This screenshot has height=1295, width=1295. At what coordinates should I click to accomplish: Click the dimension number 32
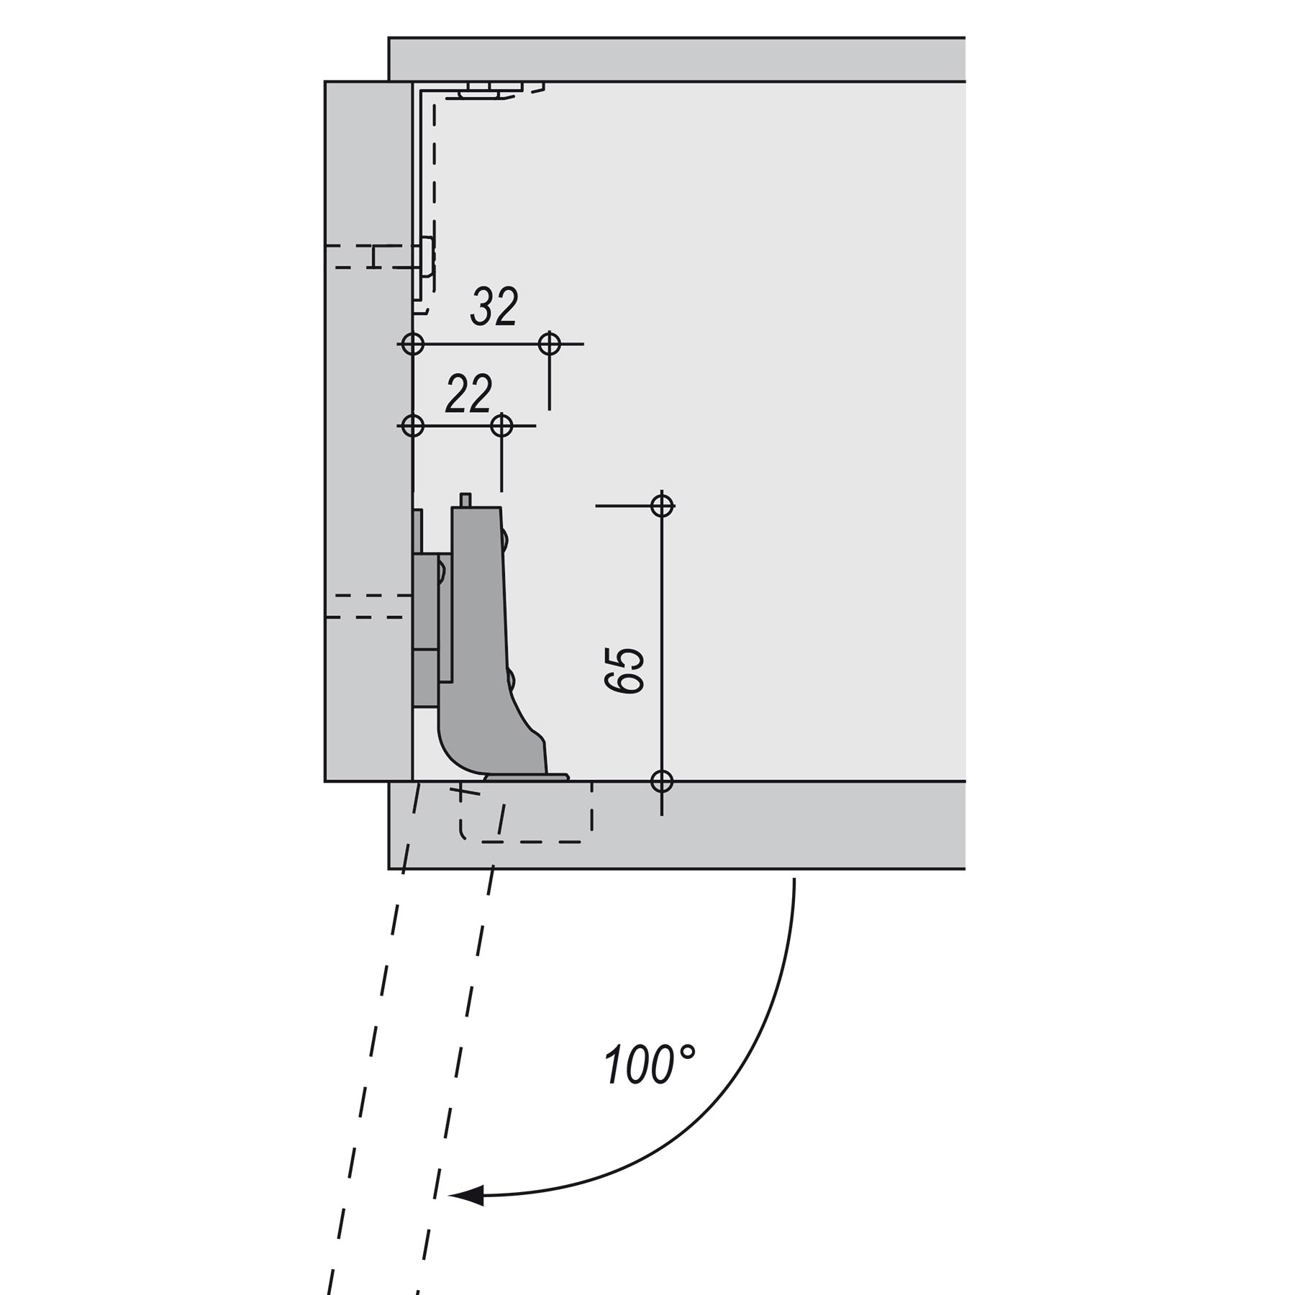point(494,306)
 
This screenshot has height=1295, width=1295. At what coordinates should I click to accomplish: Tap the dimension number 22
point(469,394)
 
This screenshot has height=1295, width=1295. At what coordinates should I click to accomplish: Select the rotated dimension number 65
point(624,671)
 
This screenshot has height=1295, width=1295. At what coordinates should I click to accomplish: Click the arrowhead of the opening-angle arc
point(467,1196)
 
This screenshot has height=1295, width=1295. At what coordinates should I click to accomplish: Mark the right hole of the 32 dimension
point(550,344)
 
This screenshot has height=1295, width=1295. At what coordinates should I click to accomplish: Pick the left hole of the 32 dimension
point(412,344)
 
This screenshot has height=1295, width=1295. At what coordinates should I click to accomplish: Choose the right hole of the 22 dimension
point(501,426)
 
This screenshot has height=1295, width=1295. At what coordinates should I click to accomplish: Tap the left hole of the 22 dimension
point(412,426)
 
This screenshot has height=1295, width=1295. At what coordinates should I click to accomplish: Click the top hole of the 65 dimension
point(662,506)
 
